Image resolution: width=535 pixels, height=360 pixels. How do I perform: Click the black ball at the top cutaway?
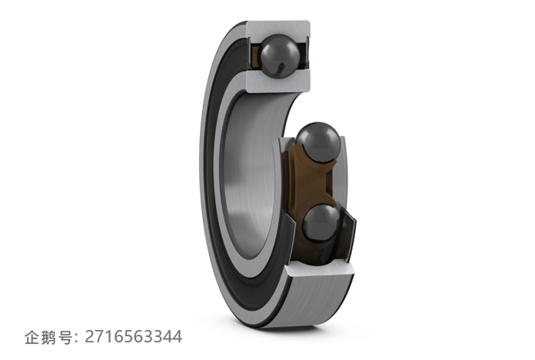(x=280, y=56)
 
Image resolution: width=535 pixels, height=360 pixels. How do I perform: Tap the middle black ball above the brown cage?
(x=318, y=142)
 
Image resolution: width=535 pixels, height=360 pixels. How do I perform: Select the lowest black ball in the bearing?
(x=321, y=224)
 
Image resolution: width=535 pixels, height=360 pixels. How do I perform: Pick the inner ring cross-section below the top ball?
(x=278, y=82)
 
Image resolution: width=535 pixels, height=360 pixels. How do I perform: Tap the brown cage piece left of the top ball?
(x=255, y=55)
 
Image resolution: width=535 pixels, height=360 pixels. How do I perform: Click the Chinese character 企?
(x=32, y=337)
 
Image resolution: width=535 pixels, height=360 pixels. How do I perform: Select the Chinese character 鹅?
(x=48, y=337)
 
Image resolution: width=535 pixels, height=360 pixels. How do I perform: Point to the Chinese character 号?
(x=65, y=337)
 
